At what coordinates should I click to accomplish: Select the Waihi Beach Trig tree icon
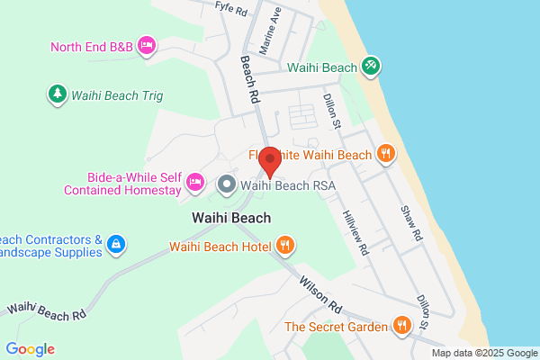(x=57, y=93)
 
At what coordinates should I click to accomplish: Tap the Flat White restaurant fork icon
(x=385, y=154)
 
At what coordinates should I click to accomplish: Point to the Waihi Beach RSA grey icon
(x=226, y=185)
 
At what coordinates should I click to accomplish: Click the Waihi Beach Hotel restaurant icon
(x=284, y=245)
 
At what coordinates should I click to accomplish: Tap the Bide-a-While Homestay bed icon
(x=193, y=184)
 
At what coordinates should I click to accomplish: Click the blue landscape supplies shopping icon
(x=115, y=243)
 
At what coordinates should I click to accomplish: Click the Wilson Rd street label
(x=321, y=294)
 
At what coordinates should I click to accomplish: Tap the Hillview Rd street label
(x=355, y=233)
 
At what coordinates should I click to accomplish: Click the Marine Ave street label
(x=270, y=31)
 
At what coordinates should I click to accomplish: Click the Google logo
(x=30, y=349)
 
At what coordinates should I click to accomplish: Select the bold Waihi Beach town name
(x=231, y=218)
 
